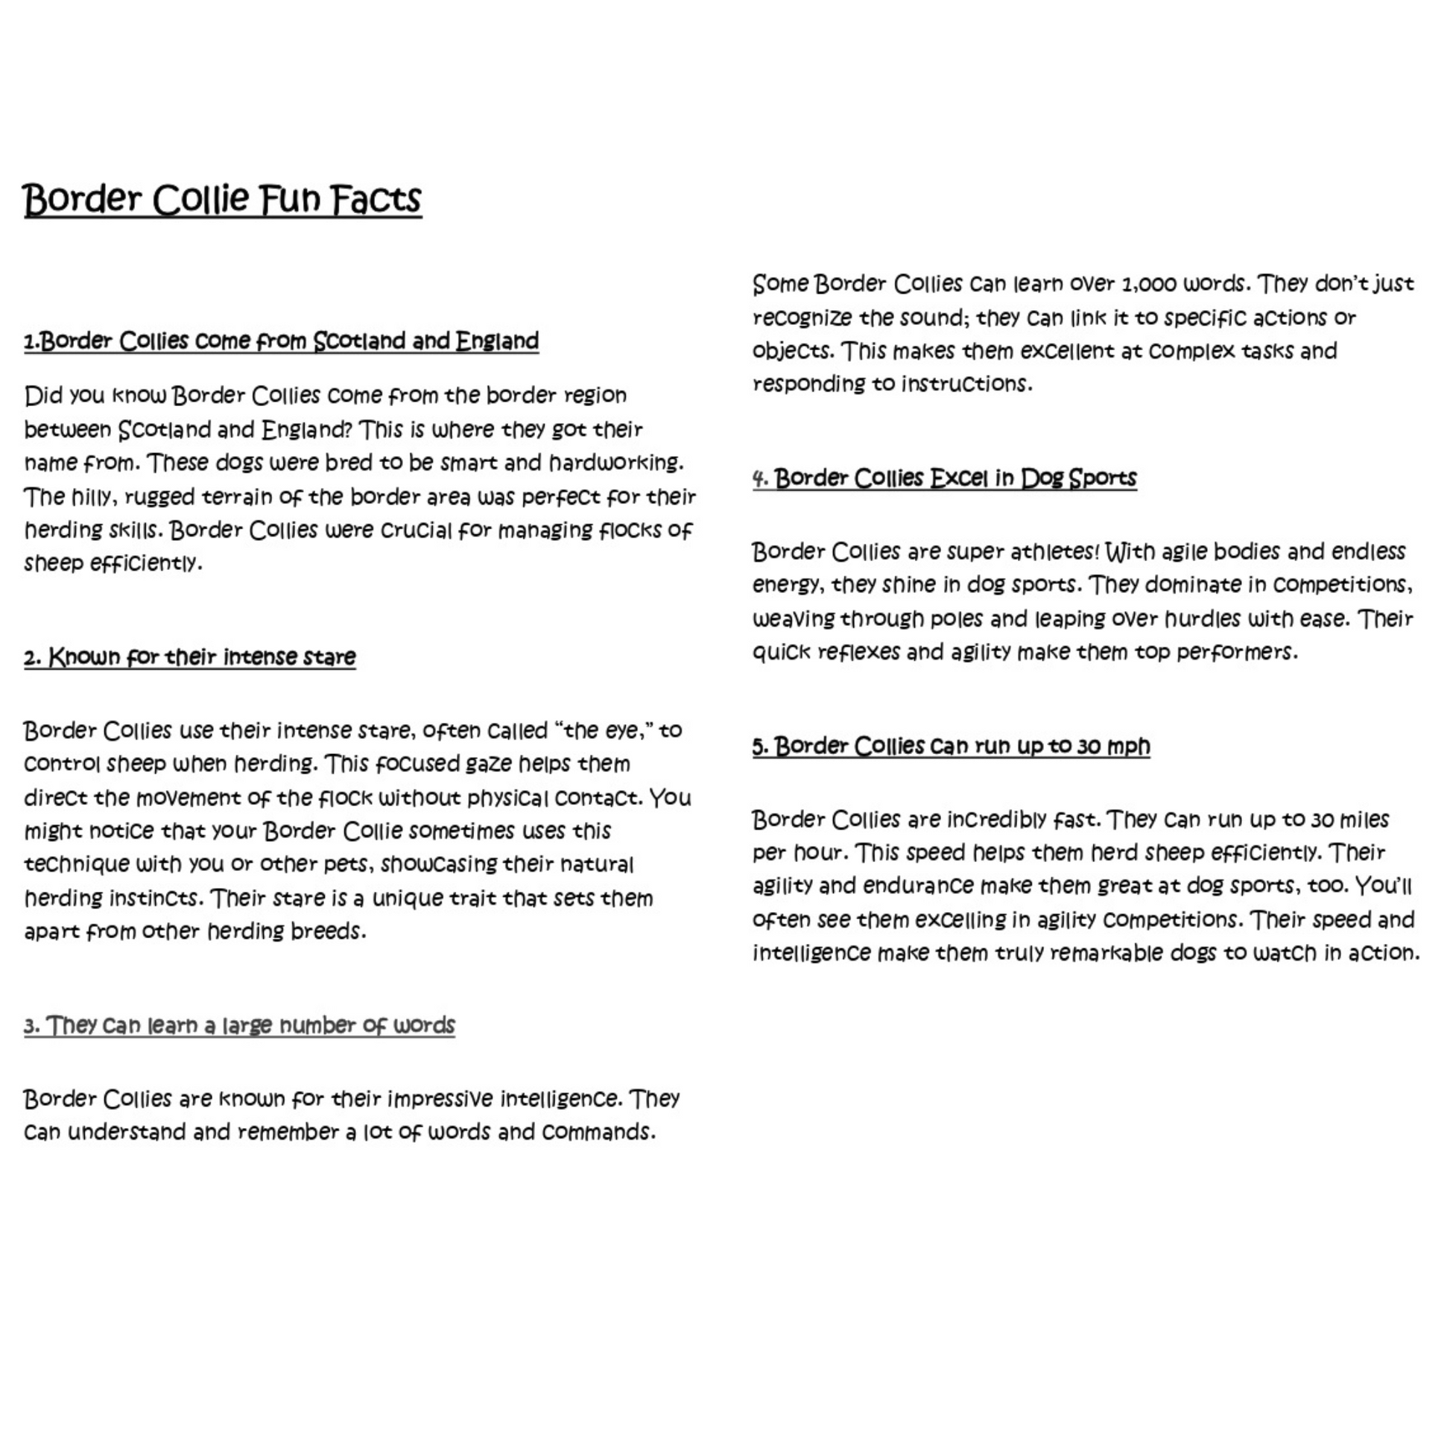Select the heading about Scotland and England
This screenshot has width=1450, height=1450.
(282, 341)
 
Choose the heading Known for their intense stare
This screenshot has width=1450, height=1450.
(190, 657)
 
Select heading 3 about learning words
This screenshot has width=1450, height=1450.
(239, 1026)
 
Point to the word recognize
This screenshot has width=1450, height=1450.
(802, 318)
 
